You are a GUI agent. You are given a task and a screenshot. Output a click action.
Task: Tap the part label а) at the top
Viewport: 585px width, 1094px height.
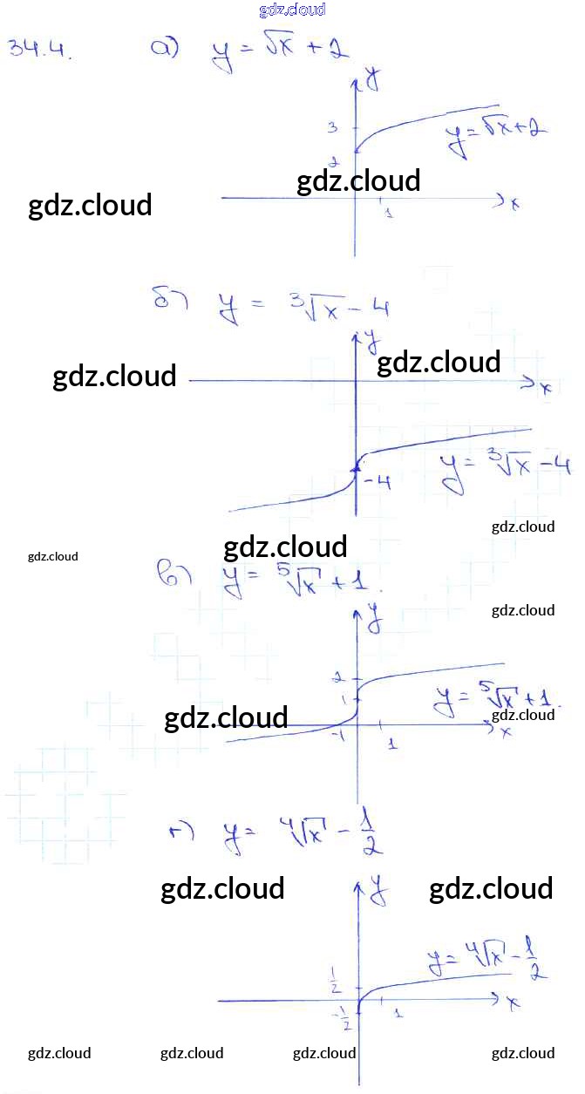[165, 49]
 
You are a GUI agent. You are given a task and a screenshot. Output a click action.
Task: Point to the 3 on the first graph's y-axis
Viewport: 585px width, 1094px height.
[332, 128]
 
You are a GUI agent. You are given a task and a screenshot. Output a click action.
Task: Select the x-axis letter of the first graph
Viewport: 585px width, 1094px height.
[514, 204]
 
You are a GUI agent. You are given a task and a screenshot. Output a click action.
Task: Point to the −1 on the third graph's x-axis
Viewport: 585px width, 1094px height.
[339, 736]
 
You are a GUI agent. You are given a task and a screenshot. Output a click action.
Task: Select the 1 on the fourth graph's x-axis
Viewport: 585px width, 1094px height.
[398, 1013]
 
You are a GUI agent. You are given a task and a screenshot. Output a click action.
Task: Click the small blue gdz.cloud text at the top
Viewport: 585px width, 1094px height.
[292, 10]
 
